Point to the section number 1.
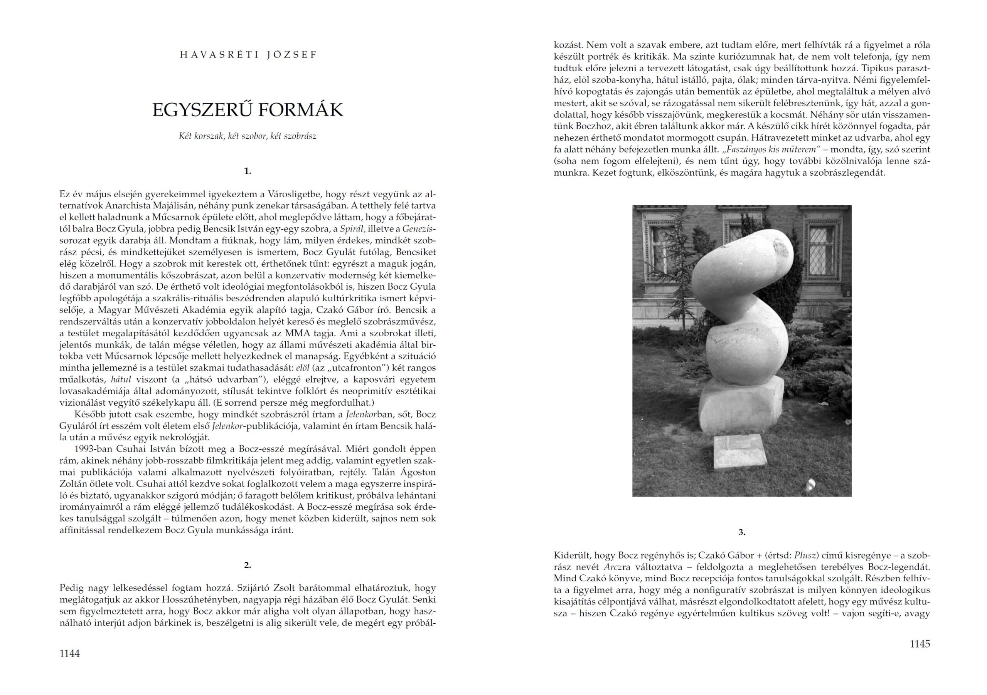[248, 171]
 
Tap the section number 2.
[248, 565]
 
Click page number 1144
[70, 654]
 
